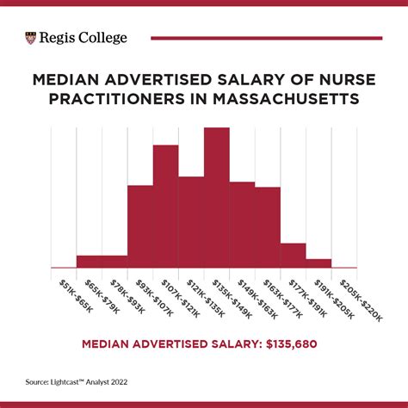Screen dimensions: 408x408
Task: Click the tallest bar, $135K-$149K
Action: (x=217, y=198)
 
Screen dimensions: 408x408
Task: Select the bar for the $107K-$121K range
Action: (x=166, y=207)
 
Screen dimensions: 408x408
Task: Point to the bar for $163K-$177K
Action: (x=268, y=227)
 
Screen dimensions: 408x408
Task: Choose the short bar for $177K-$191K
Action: (x=293, y=256)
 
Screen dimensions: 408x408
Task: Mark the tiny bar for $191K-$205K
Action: (x=318, y=263)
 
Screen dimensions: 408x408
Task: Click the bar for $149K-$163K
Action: (x=242, y=225)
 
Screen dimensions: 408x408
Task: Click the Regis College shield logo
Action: (x=32, y=38)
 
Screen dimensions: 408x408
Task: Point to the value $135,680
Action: (x=296, y=343)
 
